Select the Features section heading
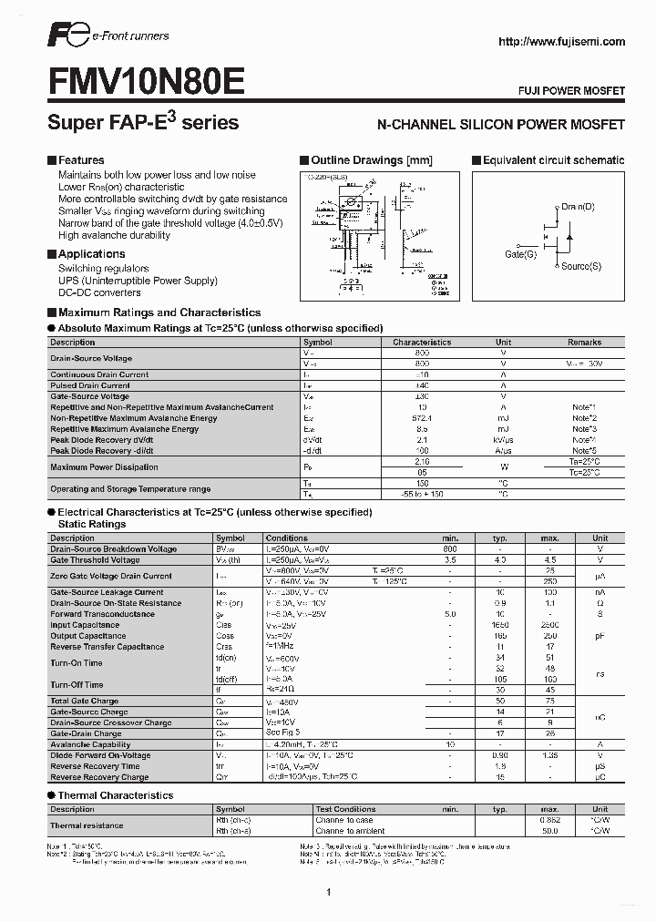81,160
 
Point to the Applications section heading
91,254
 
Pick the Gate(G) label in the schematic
520,254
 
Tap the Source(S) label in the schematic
580,266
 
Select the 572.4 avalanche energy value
422,418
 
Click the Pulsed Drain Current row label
90,385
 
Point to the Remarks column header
584,343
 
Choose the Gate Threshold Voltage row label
95,560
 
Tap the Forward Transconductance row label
102,614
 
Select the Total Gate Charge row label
85,702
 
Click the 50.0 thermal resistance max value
549,831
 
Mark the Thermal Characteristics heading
115,795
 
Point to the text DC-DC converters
99,292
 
